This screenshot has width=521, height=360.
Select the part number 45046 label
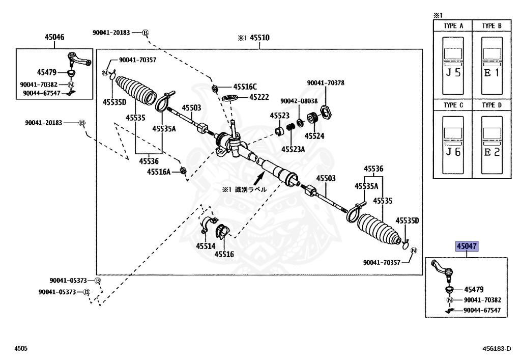pyautogui.click(x=54, y=37)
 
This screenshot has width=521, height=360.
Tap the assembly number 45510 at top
pyautogui.click(x=259, y=38)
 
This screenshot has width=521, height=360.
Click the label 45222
pyautogui.click(x=259, y=97)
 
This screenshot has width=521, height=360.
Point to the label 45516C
pyautogui.click(x=245, y=87)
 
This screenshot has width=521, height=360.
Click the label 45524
pyautogui.click(x=314, y=136)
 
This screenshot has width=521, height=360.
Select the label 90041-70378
pyautogui.click(x=326, y=83)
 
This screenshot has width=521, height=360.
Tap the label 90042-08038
pyautogui.click(x=299, y=101)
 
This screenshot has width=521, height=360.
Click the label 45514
pyautogui.click(x=206, y=246)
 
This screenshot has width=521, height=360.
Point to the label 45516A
pyautogui.click(x=159, y=172)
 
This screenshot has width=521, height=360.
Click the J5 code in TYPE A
pyautogui.click(x=453, y=73)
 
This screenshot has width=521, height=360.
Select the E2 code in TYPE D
pyautogui.click(x=491, y=152)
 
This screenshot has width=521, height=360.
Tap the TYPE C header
pyautogui.click(x=453, y=105)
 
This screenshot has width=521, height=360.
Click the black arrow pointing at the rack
pyautogui.click(x=259, y=178)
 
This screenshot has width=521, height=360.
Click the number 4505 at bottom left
pyautogui.click(x=21, y=349)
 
